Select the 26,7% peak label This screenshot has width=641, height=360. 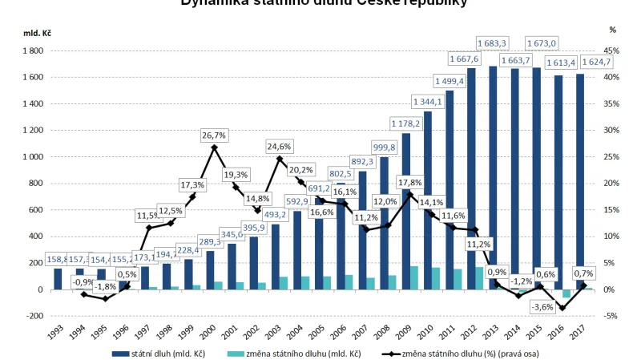(x=214, y=134)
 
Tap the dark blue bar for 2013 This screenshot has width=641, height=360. (x=493, y=176)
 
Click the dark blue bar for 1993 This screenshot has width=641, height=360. (x=58, y=278)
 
